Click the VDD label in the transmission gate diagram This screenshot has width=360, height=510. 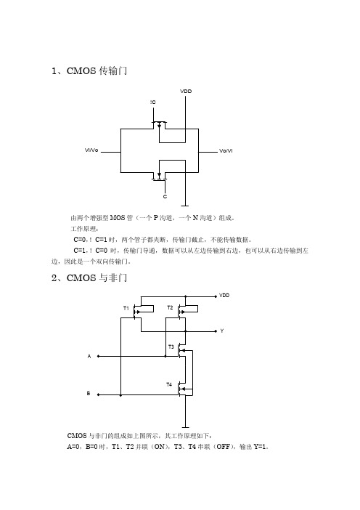[x=186, y=92]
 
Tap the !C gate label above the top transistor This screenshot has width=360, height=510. [x=152, y=102]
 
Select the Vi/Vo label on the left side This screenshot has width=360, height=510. [x=91, y=150]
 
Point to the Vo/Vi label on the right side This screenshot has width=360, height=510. [x=226, y=151]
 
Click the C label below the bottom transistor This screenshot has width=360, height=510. [x=165, y=197]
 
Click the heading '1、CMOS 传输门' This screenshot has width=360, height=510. [x=89, y=71]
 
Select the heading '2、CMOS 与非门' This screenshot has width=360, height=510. [x=89, y=278]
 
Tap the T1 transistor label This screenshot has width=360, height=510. [x=126, y=308]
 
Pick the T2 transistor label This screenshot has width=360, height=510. [x=170, y=308]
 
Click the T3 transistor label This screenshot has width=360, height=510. [x=171, y=347]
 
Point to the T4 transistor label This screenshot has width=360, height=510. [x=169, y=384]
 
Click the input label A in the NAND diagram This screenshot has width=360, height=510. [x=89, y=357]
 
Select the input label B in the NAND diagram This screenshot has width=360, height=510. [x=89, y=394]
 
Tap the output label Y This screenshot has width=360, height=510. [x=222, y=331]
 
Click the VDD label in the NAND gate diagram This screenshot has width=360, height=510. [x=224, y=296]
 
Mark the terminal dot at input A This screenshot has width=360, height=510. [x=98, y=357]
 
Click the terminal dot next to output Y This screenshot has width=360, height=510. [x=216, y=331]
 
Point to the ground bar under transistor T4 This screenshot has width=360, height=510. [x=186, y=427]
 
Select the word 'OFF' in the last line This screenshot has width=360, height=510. [x=223, y=447]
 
